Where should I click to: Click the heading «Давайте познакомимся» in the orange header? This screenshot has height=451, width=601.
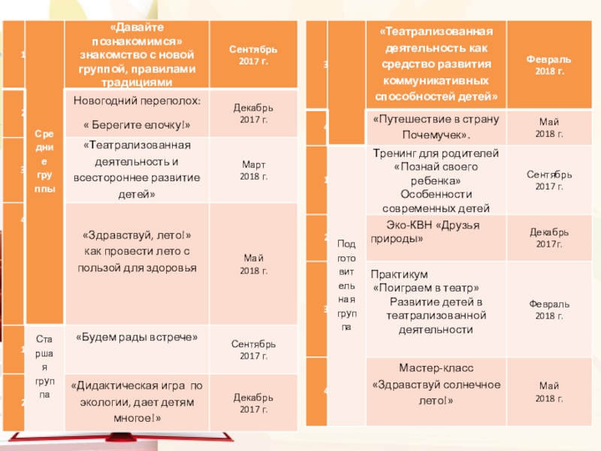(136, 34)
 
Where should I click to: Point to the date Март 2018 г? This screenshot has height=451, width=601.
(253, 170)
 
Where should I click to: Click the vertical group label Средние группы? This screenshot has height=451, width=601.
(44, 162)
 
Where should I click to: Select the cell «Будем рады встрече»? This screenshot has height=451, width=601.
(136, 337)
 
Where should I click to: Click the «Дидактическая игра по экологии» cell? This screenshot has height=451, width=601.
(136, 399)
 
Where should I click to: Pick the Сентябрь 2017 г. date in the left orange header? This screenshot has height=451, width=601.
(253, 54)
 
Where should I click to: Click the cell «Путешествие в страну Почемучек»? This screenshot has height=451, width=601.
(436, 126)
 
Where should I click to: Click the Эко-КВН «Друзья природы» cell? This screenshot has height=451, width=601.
(436, 232)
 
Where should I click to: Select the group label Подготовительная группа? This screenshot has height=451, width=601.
(346, 285)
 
